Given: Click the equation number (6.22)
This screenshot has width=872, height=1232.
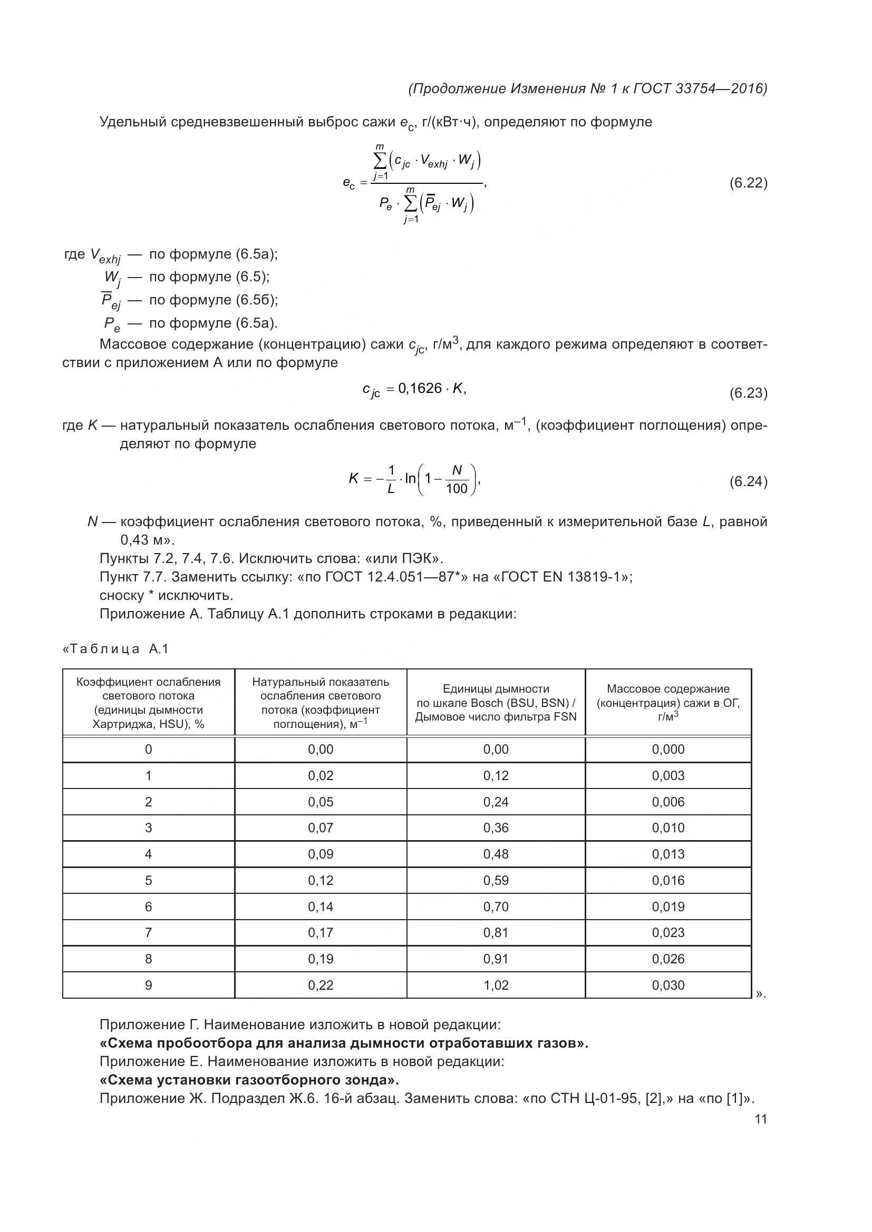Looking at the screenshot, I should [x=748, y=183].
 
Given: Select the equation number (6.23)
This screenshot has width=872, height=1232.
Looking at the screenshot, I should [x=748, y=393].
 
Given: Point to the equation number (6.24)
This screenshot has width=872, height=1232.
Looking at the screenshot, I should [x=748, y=481].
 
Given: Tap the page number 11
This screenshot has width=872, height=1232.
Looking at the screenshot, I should [x=760, y=1119].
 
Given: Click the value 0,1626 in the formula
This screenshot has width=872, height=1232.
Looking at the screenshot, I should [x=419, y=388].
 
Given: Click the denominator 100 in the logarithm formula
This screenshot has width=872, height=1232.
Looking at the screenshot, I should [x=457, y=489].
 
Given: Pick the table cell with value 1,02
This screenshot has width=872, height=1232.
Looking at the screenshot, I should [x=496, y=985].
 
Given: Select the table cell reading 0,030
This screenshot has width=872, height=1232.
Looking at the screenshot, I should [x=668, y=985].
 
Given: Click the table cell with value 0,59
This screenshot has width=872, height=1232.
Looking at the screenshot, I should [x=496, y=881].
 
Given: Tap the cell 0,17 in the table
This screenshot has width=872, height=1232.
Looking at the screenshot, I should [x=321, y=933].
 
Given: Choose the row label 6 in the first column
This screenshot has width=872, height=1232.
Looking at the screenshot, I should [x=149, y=907].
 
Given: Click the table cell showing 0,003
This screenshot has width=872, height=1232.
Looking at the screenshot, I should [x=668, y=776].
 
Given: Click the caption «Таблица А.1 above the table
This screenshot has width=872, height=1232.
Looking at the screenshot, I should [x=116, y=649].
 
